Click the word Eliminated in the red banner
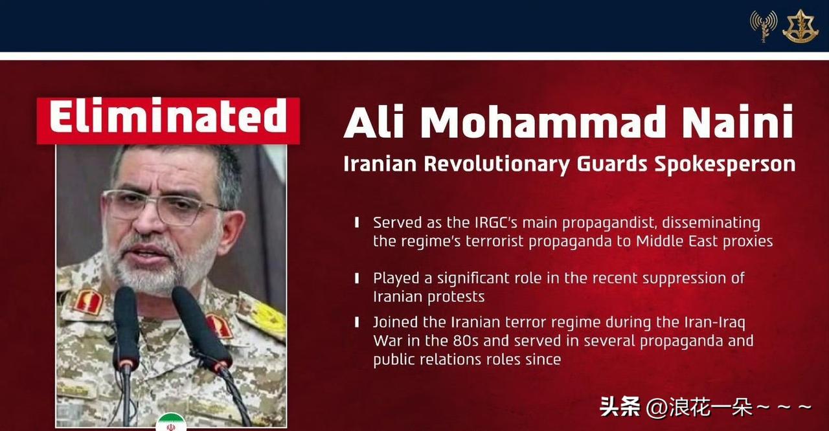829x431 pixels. click(x=168, y=115)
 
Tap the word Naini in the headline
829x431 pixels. click(x=738, y=121)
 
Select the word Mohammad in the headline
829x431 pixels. click(x=546, y=121)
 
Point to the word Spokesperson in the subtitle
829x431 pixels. click(x=725, y=165)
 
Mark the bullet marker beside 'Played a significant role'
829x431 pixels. click(x=357, y=278)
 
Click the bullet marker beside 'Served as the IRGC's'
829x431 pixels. click(x=357, y=223)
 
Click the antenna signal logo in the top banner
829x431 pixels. click(x=764, y=26)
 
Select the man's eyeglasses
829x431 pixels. click(x=163, y=206)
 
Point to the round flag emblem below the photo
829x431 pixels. click(x=171, y=422)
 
